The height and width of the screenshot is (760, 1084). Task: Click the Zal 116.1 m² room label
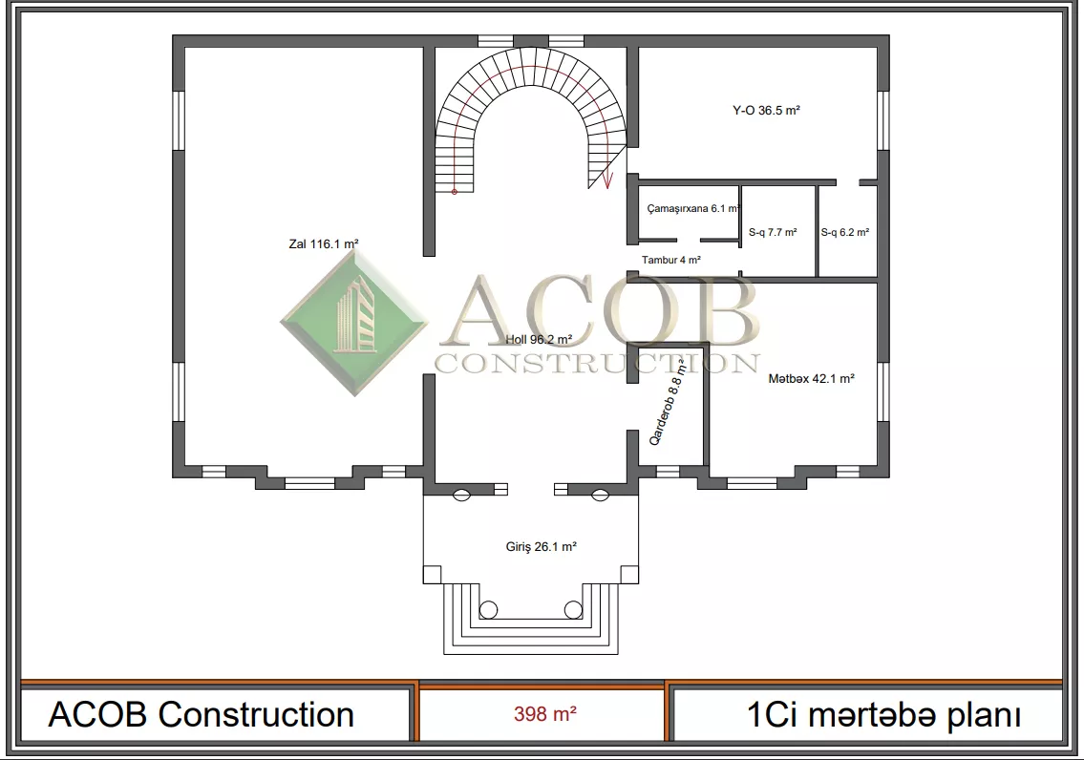coord(324,243)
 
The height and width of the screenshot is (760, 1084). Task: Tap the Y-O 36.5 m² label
coord(766,110)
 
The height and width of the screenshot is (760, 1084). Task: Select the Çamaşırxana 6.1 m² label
coord(693,208)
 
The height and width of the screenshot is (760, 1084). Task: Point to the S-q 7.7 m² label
coord(773,232)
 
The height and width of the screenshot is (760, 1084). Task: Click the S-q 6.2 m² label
coord(845,232)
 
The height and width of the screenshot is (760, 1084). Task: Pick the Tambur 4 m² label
coord(670,260)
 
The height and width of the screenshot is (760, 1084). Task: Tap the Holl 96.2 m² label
coord(539,339)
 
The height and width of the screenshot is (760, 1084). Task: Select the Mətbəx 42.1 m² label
coord(811,379)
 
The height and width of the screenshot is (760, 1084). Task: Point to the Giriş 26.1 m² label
coord(541,546)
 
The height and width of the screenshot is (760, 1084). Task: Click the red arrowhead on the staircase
coord(607,181)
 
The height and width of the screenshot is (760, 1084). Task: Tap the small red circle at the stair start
coord(455,191)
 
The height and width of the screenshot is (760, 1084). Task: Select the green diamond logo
coord(354,322)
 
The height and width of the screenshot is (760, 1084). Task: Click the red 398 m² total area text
coord(544,714)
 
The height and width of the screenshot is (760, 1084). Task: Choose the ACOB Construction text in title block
coord(202,714)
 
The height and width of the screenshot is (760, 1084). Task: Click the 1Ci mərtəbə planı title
coord(883,715)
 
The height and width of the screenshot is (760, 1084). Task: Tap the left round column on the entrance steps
coord(488,609)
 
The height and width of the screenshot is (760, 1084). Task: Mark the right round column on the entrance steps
coord(573,609)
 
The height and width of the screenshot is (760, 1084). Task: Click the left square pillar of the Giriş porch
coord(432,574)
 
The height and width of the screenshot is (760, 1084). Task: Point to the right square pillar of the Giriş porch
coord(629,574)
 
